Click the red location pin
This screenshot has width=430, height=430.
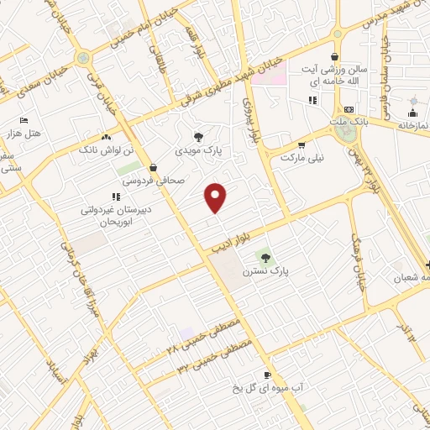pyautogui.click(x=217, y=197)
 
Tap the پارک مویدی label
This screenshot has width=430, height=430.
pyautogui.click(x=198, y=151)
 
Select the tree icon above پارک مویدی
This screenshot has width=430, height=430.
pyautogui.click(x=198, y=137)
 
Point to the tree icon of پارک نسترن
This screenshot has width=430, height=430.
pyautogui.click(x=266, y=257)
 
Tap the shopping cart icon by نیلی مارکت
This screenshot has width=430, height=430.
pyautogui.click(x=323, y=144)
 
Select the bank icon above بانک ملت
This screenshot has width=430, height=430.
pyautogui.click(x=349, y=110)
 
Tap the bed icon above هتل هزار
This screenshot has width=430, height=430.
pyautogui.click(x=23, y=120)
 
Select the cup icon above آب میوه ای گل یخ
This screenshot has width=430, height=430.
pyautogui.click(x=267, y=375)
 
